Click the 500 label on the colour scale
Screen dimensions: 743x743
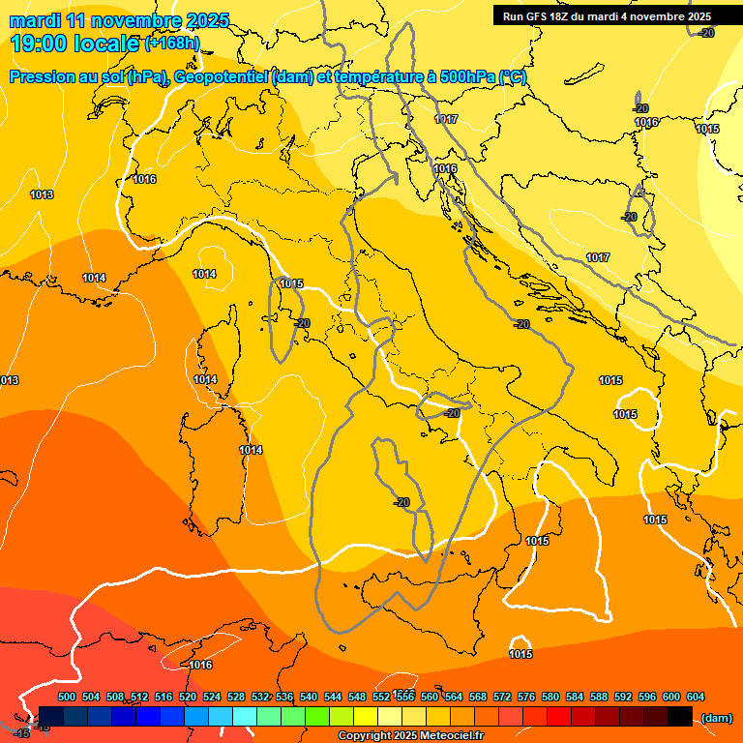click(x=67, y=697)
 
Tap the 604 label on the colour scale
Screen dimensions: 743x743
click(x=696, y=697)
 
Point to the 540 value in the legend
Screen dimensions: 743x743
click(x=309, y=697)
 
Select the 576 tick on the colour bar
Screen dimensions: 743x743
click(x=526, y=697)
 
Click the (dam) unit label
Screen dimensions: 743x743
click(x=716, y=717)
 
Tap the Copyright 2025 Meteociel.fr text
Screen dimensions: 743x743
click(x=410, y=736)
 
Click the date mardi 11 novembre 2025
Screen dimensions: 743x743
click(x=120, y=20)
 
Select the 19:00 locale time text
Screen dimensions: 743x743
click(x=74, y=44)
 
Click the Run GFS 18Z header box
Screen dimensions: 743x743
click(x=607, y=16)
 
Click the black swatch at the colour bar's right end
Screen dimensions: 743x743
click(x=679, y=717)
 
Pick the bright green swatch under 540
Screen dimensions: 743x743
click(x=316, y=717)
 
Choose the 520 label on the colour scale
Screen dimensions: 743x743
click(x=188, y=697)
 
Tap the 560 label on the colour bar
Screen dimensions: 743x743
click(x=430, y=697)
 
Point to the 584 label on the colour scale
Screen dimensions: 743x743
click(x=575, y=697)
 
